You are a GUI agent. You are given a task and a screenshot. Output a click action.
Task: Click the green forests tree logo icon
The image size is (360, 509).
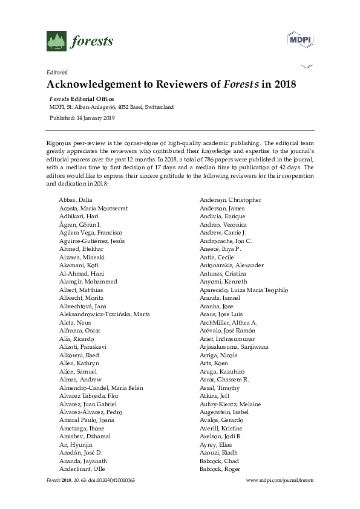click(x=56, y=41)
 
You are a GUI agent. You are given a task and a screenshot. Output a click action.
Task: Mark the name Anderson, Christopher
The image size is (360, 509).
click(x=230, y=200)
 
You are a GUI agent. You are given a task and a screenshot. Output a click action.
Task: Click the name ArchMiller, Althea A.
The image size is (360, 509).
click(x=228, y=322)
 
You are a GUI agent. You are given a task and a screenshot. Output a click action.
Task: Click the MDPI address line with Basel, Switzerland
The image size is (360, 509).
click(x=111, y=107)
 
